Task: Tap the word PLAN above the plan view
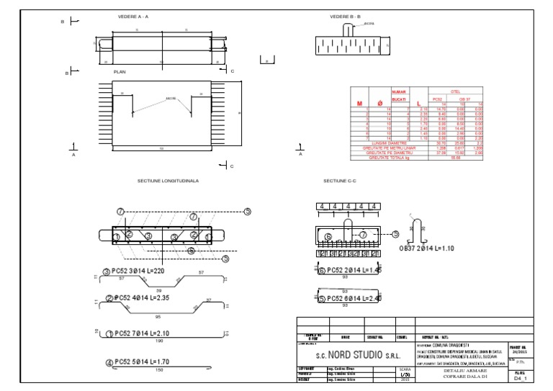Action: click(x=120, y=72)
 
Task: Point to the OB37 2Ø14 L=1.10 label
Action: click(x=430, y=248)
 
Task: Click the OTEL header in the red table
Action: click(x=454, y=91)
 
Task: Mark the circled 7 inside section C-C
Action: click(x=364, y=234)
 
